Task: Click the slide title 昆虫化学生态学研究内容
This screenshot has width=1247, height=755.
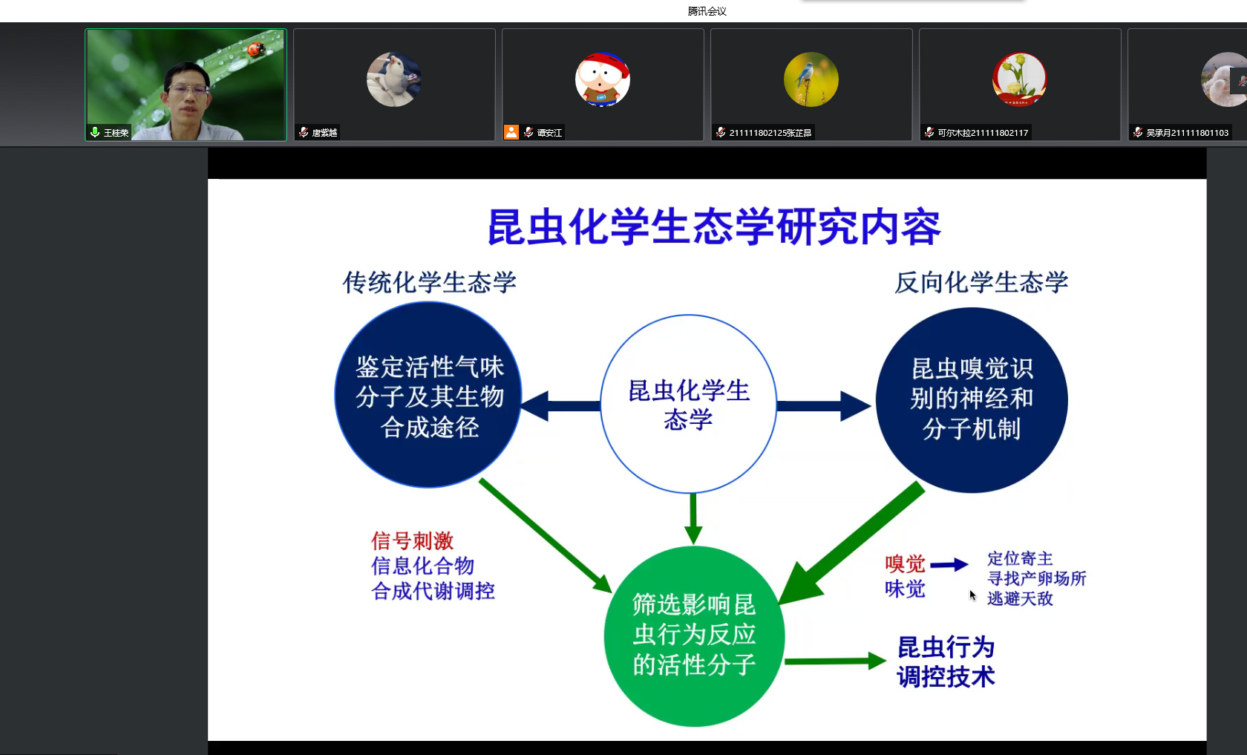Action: pyautogui.click(x=714, y=227)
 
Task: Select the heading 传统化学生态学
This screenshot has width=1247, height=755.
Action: pyautogui.click(x=429, y=282)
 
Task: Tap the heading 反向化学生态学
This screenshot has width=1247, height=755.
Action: pyautogui.click(x=981, y=282)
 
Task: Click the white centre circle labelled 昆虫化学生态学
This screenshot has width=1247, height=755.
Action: pyautogui.click(x=689, y=404)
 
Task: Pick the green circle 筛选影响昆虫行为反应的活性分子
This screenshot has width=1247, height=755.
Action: pyautogui.click(x=694, y=636)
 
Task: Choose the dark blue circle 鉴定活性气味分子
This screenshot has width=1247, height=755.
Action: pyautogui.click(x=428, y=395)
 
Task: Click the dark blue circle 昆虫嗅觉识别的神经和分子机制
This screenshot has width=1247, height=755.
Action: pyautogui.click(x=972, y=400)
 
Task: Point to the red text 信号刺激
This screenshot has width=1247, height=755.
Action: pyautogui.click(x=413, y=540)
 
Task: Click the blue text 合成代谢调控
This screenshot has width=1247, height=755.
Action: pyautogui.click(x=433, y=591)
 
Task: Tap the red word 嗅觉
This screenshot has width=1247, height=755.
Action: pyautogui.click(x=906, y=564)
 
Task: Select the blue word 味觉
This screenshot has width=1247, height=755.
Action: pyautogui.click(x=906, y=589)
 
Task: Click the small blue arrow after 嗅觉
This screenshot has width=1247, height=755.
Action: pyautogui.click(x=949, y=564)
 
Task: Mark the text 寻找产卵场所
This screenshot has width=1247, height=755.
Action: pyautogui.click(x=1036, y=578)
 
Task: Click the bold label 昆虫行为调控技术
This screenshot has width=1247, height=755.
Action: pyautogui.click(x=946, y=662)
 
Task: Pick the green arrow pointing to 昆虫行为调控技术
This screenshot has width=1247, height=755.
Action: pyautogui.click(x=836, y=661)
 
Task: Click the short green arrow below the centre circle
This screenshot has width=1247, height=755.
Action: pyautogui.click(x=693, y=519)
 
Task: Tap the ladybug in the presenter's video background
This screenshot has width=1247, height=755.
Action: pyautogui.click(x=255, y=50)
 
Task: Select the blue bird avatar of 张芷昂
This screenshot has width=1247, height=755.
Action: pyautogui.click(x=811, y=79)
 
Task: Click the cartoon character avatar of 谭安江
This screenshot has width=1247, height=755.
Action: pyautogui.click(x=603, y=79)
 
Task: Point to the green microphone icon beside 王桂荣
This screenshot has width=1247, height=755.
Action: pyautogui.click(x=95, y=132)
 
